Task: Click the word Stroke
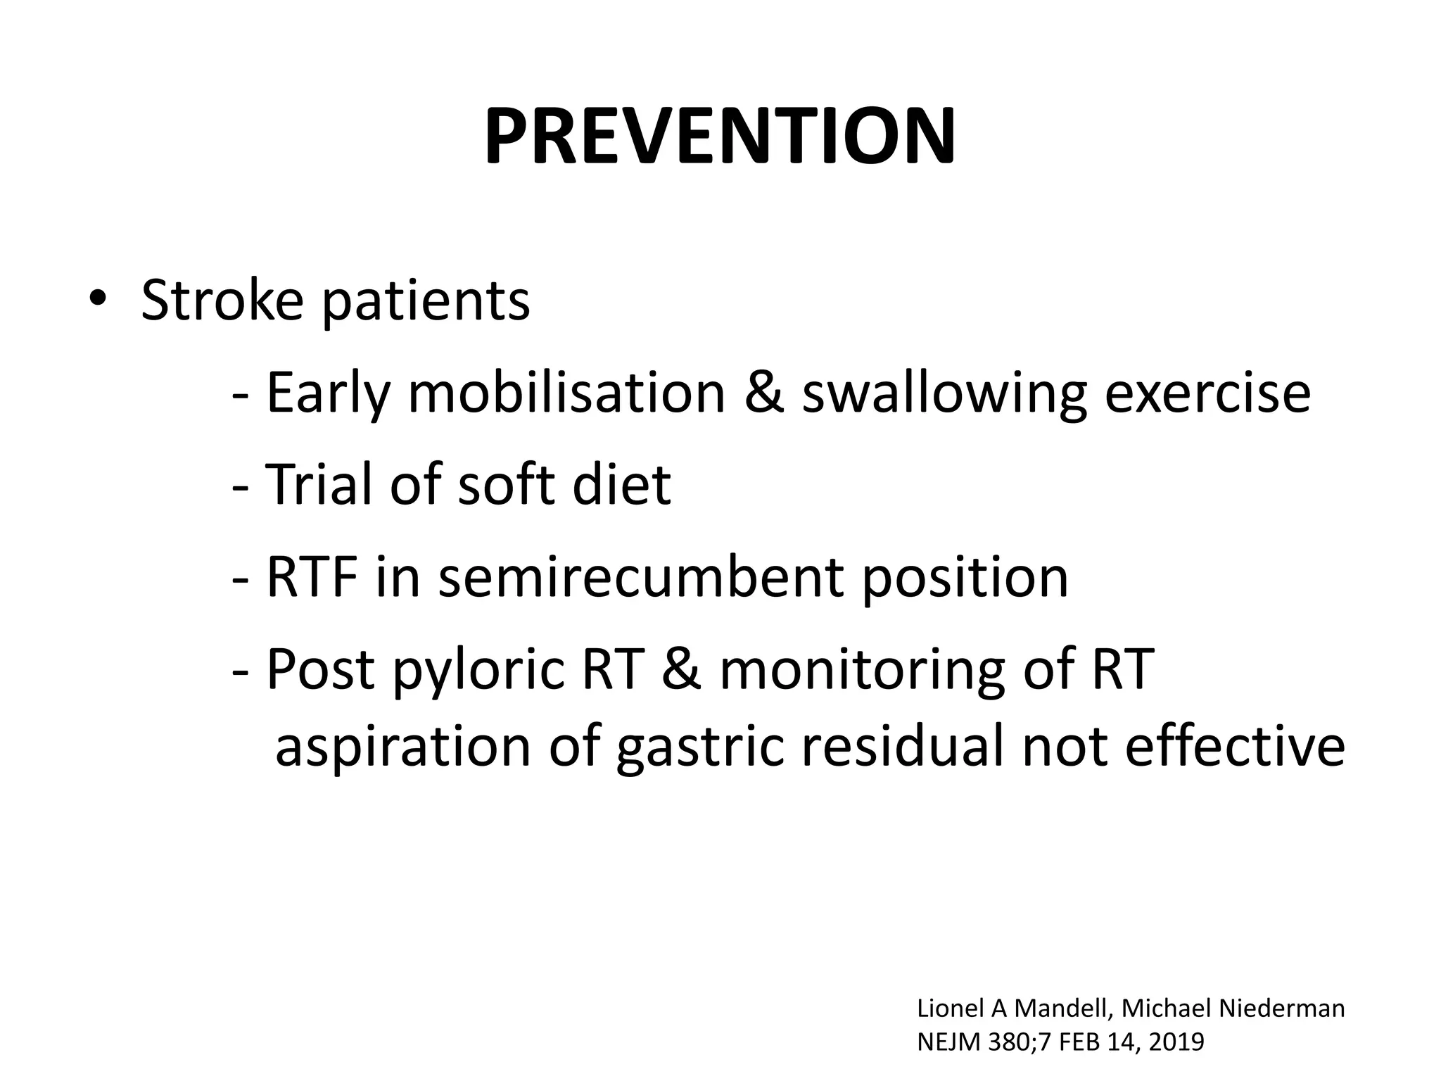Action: click(x=222, y=301)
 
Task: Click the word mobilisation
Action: click(x=566, y=392)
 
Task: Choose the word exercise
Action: click(x=1207, y=392)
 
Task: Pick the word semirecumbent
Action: click(x=640, y=577)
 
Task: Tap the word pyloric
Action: click(x=479, y=671)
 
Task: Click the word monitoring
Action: click(x=862, y=671)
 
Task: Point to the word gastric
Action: click(x=699, y=747)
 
